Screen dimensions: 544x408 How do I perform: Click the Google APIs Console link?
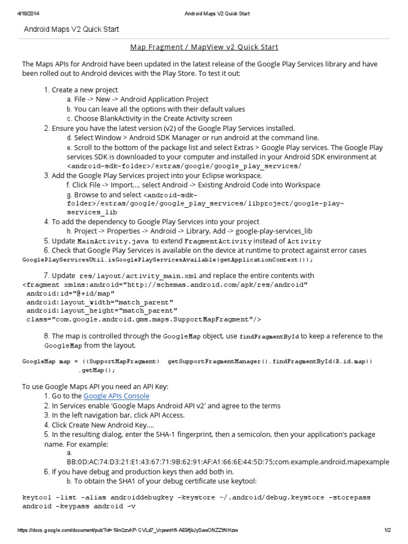click(116, 396)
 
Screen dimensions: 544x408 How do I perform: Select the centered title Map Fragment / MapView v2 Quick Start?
click(204, 47)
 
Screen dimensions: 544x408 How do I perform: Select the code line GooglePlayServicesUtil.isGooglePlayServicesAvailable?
click(167, 260)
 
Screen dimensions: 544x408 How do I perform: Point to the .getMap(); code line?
click(95, 370)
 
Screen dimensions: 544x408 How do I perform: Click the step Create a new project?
click(84, 90)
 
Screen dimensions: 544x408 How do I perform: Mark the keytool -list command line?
click(196, 497)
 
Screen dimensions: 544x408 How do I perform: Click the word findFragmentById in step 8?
click(269, 336)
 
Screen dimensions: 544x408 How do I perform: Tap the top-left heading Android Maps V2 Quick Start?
click(71, 29)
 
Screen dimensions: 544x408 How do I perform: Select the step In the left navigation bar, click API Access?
click(118, 415)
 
